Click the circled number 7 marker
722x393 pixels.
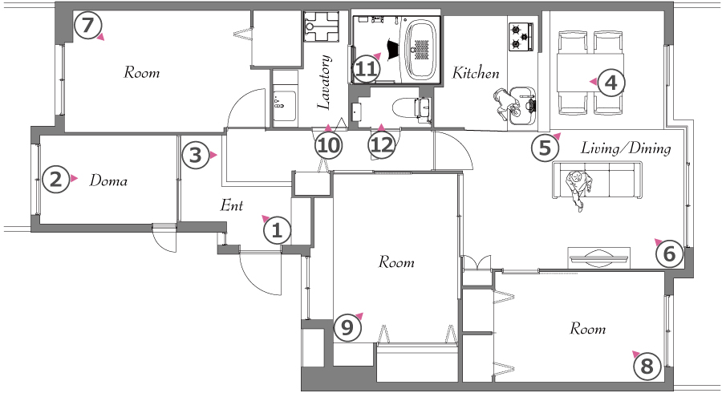pos(87,26)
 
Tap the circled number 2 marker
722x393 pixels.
pos(55,179)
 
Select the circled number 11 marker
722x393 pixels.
pos(367,70)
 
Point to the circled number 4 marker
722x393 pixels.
pos(610,83)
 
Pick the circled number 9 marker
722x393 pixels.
pos(347,328)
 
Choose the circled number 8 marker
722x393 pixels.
pos(647,367)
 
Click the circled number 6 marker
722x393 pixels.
pos(669,253)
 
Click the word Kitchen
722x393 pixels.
pos(476,73)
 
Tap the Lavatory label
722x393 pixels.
pos(324,83)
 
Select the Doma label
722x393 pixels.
pos(108,180)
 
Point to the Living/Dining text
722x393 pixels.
pos(625,148)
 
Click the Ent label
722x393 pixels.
pos(232,205)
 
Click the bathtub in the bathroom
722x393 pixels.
pos(420,49)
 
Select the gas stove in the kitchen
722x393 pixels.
pos(522,37)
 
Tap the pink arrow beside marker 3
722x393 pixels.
pos(213,155)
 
